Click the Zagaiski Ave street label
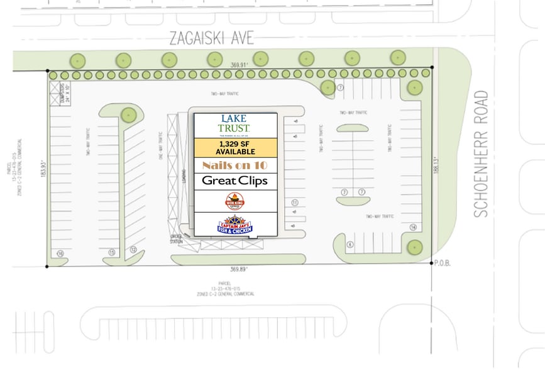(211, 38)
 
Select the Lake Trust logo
(234, 125)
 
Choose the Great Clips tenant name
(234, 181)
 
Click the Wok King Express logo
(234, 201)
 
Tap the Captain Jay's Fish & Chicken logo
(234, 225)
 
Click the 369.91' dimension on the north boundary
(239, 65)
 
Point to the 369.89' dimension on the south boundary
(239, 269)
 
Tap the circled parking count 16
(60, 254)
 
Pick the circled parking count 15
(112, 252)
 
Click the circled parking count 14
(413, 227)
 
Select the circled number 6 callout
(350, 245)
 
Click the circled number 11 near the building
(294, 203)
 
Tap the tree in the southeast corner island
(414, 246)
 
